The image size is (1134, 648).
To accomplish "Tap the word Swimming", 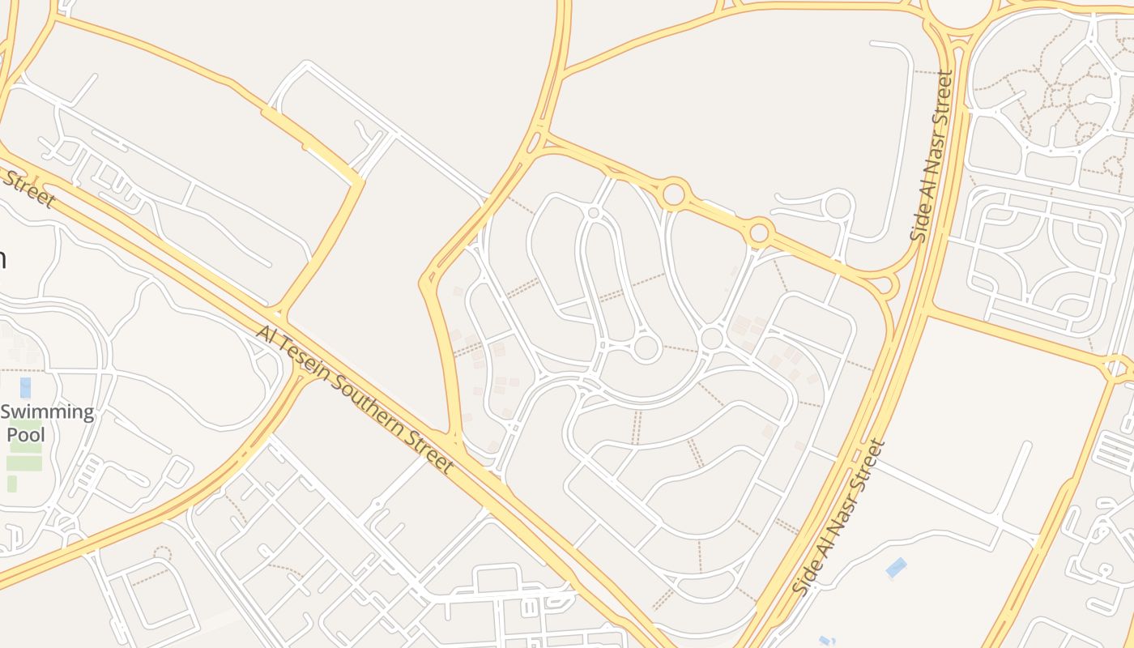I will point(47,412).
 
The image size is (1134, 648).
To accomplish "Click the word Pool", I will point(26,434).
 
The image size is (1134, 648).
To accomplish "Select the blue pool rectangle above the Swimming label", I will point(25,387).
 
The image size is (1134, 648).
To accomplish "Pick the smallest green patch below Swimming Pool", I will point(12,484).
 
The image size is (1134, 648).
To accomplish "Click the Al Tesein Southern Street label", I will point(354,399).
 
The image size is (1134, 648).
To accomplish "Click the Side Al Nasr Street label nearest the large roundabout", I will point(932,156).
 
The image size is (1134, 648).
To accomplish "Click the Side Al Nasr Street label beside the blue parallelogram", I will point(839,518).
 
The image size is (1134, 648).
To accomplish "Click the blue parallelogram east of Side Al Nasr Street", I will point(896,568).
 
